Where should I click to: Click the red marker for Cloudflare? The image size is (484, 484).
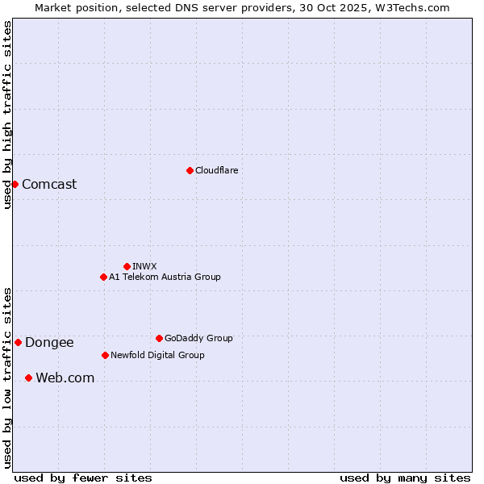(x=190, y=170)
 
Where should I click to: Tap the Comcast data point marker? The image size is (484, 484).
(x=15, y=184)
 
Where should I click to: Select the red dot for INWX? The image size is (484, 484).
(x=127, y=266)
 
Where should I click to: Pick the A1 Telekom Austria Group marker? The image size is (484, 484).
(x=103, y=277)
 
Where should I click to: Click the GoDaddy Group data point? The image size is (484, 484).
(x=159, y=338)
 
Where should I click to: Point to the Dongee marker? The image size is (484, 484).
(x=18, y=342)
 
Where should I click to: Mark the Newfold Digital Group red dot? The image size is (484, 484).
(x=105, y=355)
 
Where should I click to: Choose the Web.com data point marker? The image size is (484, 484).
(x=28, y=378)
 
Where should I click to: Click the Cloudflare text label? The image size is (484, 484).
(x=216, y=170)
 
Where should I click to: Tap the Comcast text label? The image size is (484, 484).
(x=49, y=184)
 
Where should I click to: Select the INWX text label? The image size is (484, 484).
(x=144, y=266)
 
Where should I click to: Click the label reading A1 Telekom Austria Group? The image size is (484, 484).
(x=165, y=277)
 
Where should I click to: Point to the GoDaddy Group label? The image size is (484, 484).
(x=198, y=338)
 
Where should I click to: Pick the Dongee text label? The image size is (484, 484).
(x=49, y=342)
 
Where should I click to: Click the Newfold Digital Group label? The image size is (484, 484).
(x=157, y=355)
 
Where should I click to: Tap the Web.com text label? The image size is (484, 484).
(x=65, y=378)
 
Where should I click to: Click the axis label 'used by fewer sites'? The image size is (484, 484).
(x=83, y=478)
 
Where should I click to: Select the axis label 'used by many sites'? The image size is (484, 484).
(x=404, y=478)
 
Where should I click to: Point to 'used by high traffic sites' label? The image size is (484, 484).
(x=7, y=115)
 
